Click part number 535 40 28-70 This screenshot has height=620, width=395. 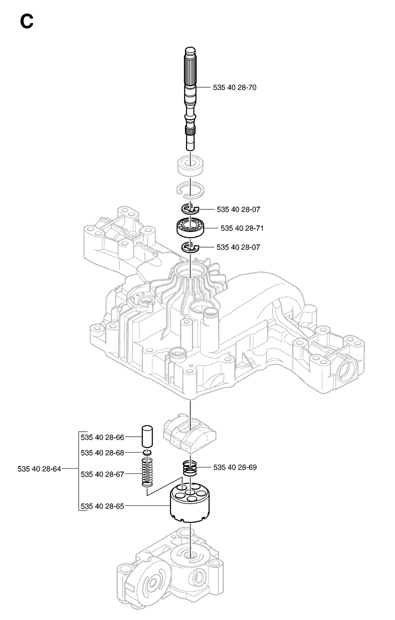[x=235, y=88]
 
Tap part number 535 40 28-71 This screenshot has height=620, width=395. [x=242, y=228]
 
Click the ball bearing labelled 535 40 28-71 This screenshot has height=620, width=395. [x=191, y=228]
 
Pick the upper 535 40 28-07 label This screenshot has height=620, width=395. [x=238, y=209]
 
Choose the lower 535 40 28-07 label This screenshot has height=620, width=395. [x=238, y=247]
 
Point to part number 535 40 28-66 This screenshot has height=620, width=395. [x=102, y=437]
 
